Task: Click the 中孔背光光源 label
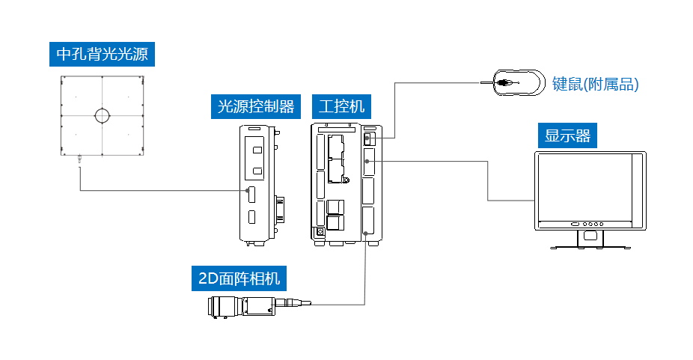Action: (x=101, y=55)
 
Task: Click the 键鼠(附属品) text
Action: (x=595, y=84)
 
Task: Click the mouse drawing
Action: (x=518, y=82)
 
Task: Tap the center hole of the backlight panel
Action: (x=101, y=115)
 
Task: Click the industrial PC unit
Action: (x=346, y=183)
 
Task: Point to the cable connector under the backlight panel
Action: (x=79, y=159)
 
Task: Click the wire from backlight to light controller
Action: (x=150, y=191)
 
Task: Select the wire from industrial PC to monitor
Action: (x=488, y=180)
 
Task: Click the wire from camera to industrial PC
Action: (x=364, y=277)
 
